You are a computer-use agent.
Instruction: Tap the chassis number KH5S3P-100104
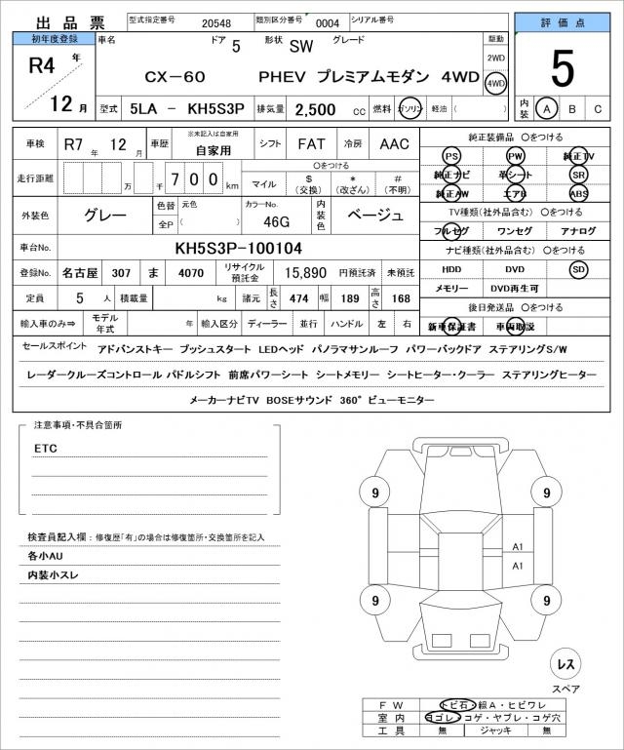click(238, 249)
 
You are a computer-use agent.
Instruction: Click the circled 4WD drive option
click(496, 84)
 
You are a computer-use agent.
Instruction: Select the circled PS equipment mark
click(450, 157)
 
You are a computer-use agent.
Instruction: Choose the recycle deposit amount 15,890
click(305, 273)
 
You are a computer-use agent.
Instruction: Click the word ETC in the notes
click(45, 448)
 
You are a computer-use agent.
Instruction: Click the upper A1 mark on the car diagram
click(518, 547)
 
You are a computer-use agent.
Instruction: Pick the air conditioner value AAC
click(395, 143)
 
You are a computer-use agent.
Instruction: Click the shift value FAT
click(311, 143)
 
